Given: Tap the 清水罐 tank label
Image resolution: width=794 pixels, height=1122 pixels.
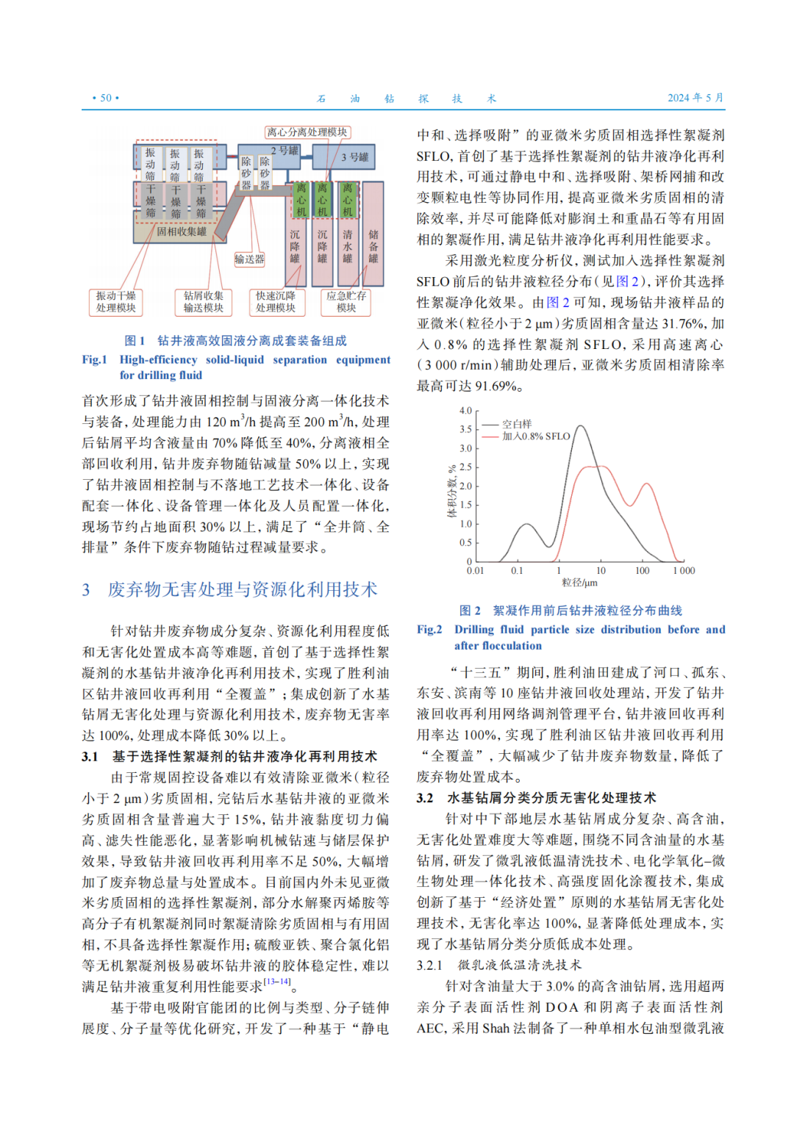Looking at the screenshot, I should coord(348,245).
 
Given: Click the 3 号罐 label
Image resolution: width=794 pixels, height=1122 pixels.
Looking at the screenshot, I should coord(354,157).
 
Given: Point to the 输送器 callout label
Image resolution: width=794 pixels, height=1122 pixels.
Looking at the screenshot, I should coord(249,259).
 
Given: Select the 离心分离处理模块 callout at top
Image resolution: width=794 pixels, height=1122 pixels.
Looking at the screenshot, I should coord(307,132).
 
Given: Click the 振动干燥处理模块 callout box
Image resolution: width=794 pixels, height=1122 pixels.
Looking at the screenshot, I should coord(116,301).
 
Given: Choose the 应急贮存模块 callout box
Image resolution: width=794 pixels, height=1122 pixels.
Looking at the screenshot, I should coord(346,301).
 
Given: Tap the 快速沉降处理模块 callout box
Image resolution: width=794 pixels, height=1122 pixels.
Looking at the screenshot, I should coord(276,301).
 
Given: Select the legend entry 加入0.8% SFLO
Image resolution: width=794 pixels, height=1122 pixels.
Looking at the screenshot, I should coord(536,436).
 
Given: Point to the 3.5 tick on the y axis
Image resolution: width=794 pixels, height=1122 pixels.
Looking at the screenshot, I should coord(465,429).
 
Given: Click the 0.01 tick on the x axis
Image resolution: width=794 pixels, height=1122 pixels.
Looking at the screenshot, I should coord(476,571).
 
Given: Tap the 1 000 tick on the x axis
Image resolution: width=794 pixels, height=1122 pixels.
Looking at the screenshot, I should coord(684,571).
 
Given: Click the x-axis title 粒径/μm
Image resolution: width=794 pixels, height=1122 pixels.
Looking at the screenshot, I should coord(579,583).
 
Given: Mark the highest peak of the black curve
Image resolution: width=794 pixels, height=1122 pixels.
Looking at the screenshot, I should coord(581,426).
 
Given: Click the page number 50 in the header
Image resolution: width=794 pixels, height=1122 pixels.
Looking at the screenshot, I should coord(106,98).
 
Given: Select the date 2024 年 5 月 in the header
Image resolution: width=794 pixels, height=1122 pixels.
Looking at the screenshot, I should coord(695,98).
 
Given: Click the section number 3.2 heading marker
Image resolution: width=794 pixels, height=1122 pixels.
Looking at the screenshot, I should coord(425,798).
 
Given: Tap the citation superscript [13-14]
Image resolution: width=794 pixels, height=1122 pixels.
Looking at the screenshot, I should coord(277,982).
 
